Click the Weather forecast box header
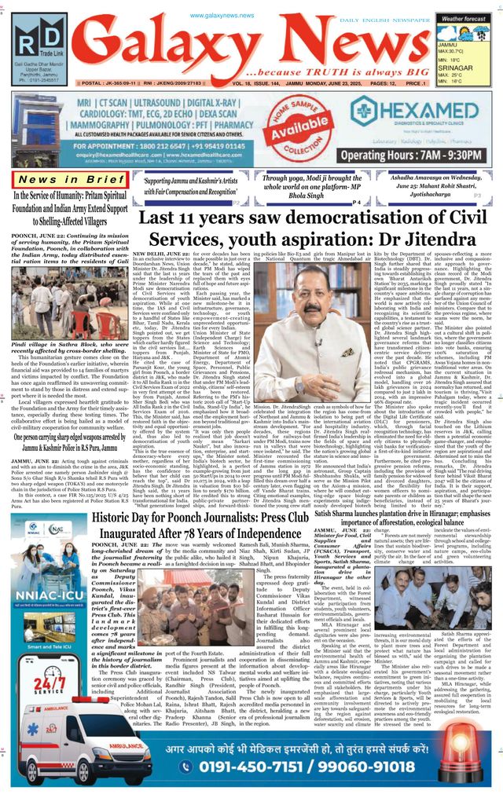[463, 17]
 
